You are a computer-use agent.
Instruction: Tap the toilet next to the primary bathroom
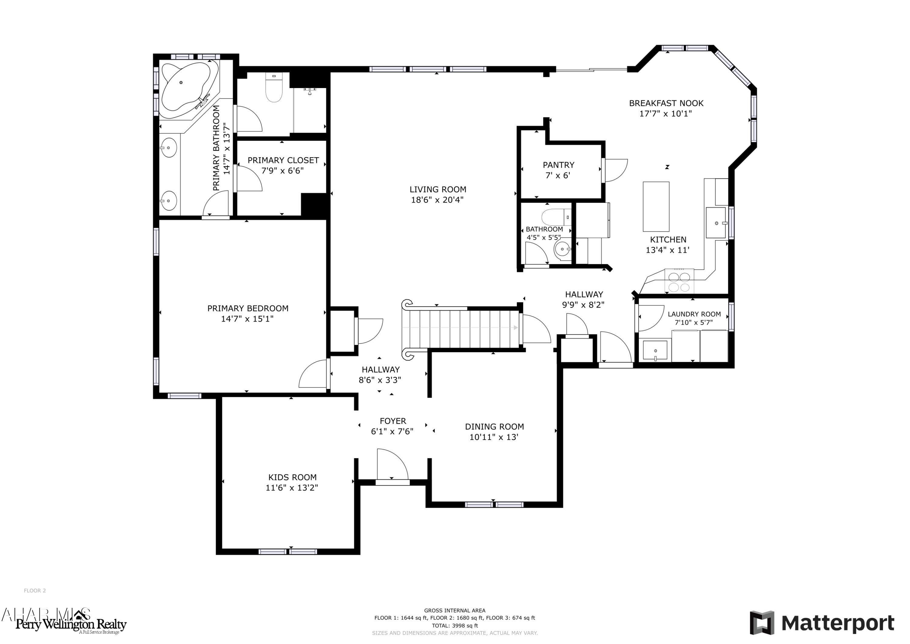274,89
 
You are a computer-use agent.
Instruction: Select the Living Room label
438,190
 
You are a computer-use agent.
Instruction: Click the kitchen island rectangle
656,206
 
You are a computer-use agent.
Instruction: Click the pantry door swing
615,170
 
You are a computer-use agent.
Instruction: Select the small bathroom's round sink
562,250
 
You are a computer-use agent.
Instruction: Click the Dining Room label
494,427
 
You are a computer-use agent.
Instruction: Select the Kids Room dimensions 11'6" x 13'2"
292,488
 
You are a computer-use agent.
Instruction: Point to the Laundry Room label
694,314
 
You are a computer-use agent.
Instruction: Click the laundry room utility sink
655,350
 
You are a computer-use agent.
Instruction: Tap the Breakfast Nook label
666,103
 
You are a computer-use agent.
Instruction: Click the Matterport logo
822,623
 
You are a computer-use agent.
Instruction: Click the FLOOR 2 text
35,591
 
